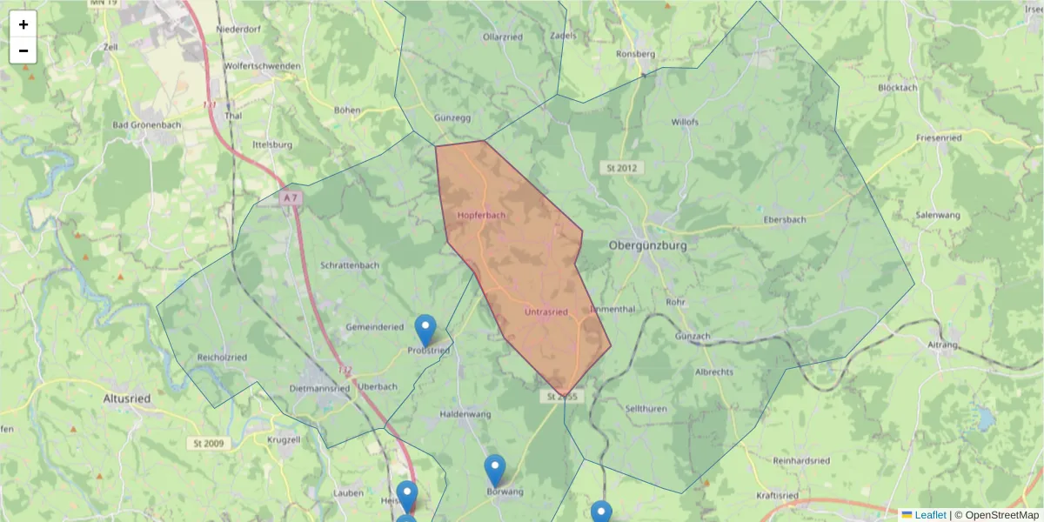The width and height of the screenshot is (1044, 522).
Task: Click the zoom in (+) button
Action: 23,24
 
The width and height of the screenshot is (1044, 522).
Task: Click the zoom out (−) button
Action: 23,50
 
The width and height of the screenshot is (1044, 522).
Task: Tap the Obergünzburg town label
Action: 648,246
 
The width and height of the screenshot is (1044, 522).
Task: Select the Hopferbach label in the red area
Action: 481,214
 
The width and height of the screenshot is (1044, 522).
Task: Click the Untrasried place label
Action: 546,311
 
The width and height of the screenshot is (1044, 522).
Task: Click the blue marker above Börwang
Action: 494,470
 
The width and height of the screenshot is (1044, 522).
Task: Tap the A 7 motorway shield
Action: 291,198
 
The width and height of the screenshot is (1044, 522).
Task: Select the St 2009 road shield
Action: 208,444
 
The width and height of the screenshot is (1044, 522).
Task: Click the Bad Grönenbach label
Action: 147,125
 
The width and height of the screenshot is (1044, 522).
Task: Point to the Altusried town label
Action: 127,398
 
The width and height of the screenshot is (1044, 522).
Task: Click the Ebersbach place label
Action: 784,220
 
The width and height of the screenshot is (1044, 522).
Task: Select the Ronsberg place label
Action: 635,54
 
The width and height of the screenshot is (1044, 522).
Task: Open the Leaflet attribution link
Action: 929,515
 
